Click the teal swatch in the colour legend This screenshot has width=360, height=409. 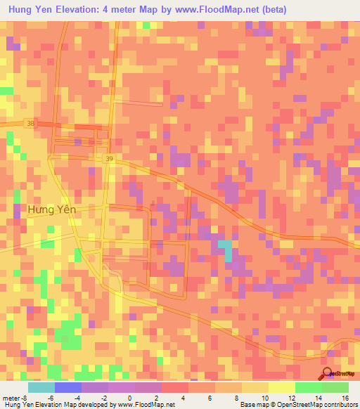click(41, 387)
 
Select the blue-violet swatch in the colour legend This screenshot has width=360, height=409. click(68, 387)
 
